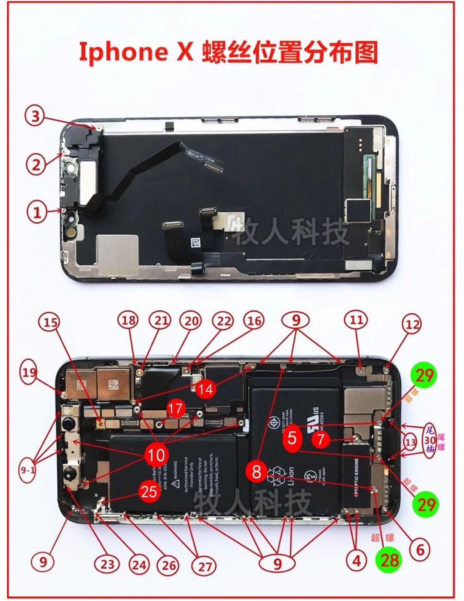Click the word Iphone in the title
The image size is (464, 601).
pyautogui.click(x=124, y=52)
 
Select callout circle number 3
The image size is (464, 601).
pyautogui.click(x=36, y=116)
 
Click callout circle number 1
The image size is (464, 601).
pyautogui.click(x=37, y=212)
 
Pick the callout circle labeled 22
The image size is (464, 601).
pyautogui.click(x=223, y=321)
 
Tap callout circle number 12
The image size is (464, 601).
pyautogui.click(x=412, y=325)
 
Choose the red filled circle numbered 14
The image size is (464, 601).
pyautogui.click(x=206, y=389)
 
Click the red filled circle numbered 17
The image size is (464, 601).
pyautogui.click(x=175, y=409)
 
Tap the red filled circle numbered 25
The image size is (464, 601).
pyautogui.click(x=149, y=491)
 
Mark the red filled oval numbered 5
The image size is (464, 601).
pyautogui.click(x=292, y=438)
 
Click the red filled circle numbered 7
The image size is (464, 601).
pyautogui.click(x=321, y=439)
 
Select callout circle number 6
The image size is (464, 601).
pyautogui.click(x=419, y=549)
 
